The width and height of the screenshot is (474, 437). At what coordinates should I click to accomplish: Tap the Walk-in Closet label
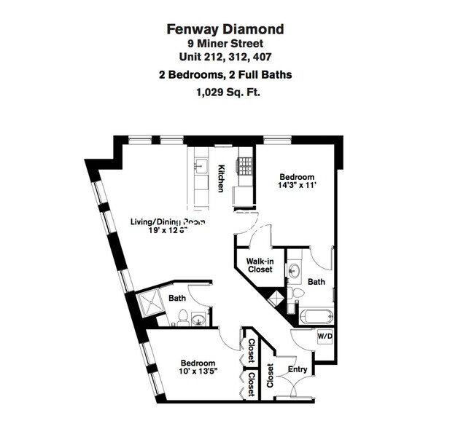(259, 264)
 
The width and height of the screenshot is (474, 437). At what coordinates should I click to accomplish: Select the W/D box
(325, 336)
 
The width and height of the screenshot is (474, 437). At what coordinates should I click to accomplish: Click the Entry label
(298, 369)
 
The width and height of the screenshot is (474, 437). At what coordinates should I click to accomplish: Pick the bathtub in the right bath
(316, 318)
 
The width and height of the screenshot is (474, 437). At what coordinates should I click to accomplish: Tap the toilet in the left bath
(182, 318)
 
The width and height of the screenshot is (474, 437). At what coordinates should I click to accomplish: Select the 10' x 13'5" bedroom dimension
(198, 373)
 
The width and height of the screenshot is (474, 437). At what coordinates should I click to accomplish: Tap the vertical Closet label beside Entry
(269, 375)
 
